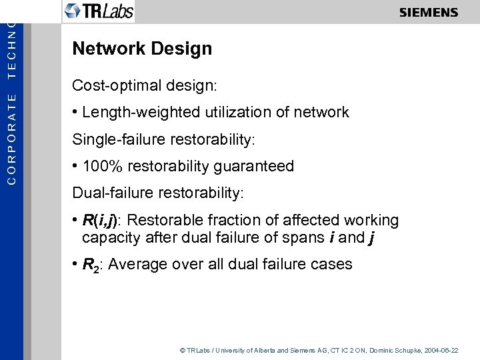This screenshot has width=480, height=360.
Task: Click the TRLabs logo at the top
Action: pos(99,11)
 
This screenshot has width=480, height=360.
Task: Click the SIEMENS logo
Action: pos(429,13)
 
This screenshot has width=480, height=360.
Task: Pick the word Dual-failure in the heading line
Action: pos(109,193)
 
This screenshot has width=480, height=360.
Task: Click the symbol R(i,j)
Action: pos(101,221)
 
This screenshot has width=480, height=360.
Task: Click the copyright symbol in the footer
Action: pos(182,350)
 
